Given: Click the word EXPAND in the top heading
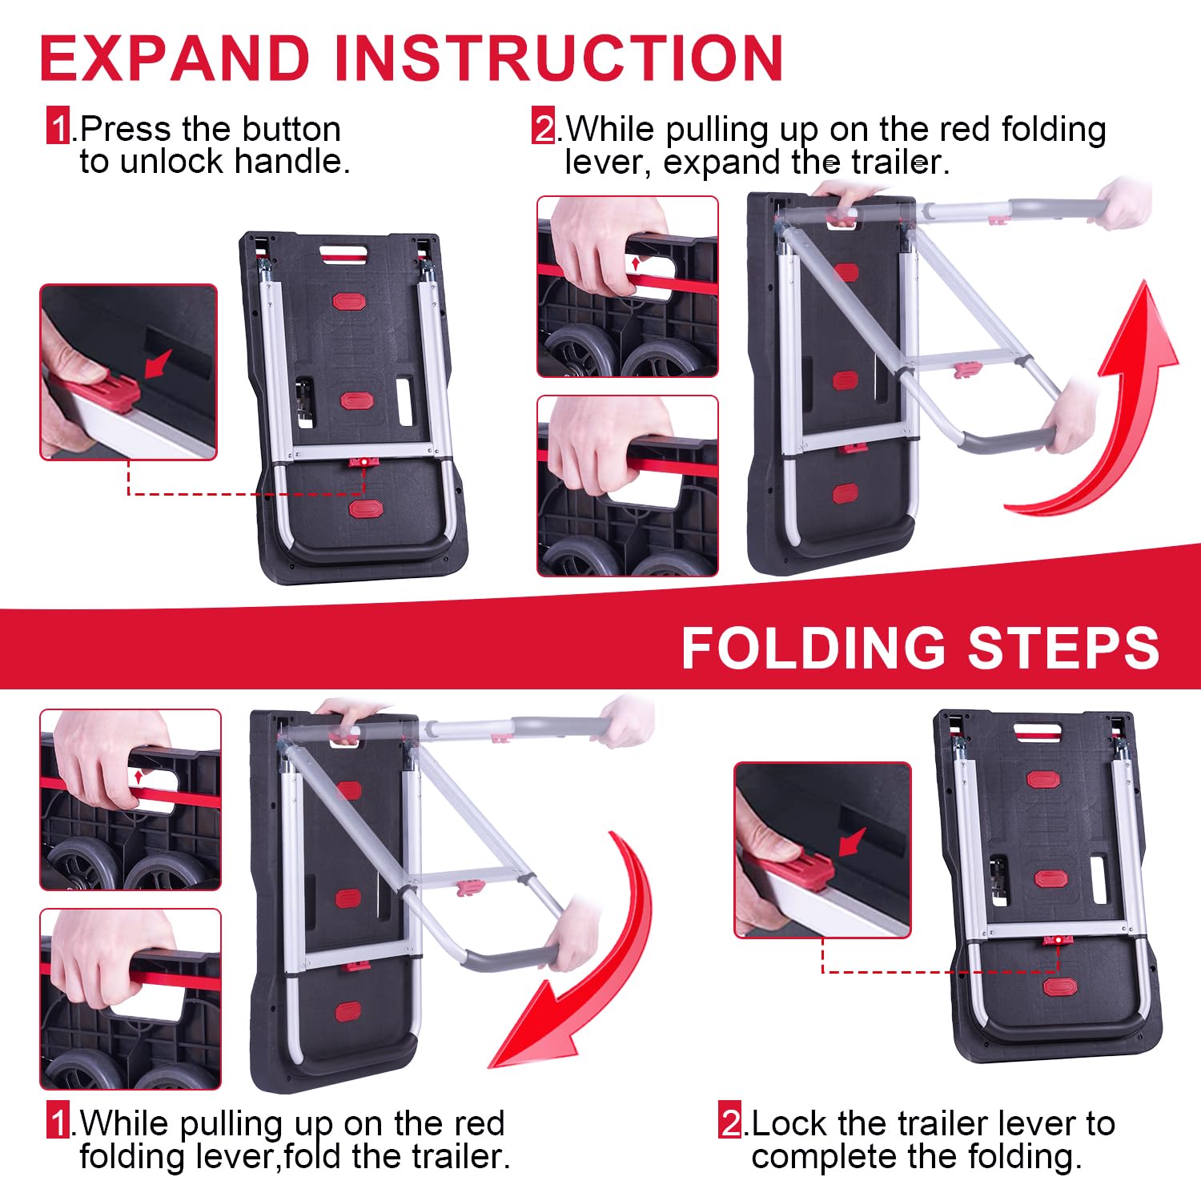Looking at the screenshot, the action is point(175,58).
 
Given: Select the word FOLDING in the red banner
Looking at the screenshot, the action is point(813,647).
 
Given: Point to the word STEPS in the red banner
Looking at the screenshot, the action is point(1064,647).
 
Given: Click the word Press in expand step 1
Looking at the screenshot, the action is point(126,129).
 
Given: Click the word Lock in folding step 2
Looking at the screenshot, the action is point(789,1123).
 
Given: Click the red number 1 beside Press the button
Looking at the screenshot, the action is point(58,128).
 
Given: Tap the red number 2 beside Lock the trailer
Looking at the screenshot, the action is point(730,1123).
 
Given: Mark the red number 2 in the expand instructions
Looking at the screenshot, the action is point(544,128).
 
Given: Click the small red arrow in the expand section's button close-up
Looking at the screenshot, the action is point(159,364).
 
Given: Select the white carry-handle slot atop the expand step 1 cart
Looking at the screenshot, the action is point(343,254).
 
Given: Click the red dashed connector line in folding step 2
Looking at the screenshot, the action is point(941,971).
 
